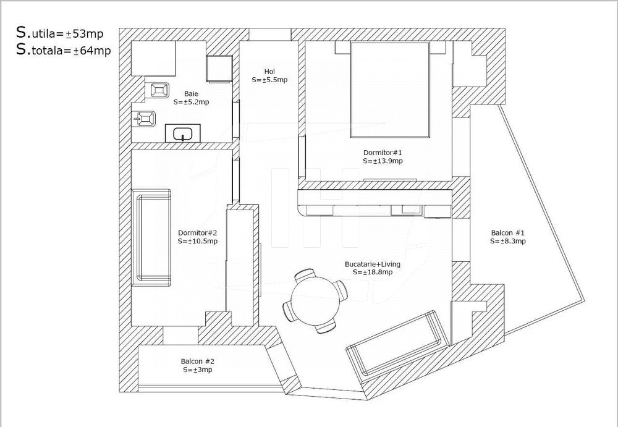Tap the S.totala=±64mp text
point(64,51)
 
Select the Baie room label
point(191,94)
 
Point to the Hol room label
point(269,71)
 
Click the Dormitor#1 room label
point(383,152)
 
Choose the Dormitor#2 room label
point(197,233)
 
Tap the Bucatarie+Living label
point(373,264)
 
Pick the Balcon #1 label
point(508,233)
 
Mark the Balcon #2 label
point(198,361)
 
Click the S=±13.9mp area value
point(383,161)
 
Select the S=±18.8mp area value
point(373,272)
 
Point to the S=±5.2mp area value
point(191,102)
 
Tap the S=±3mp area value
point(198,370)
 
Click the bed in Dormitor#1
point(390,90)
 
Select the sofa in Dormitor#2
point(153,237)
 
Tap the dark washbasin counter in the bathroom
point(183,133)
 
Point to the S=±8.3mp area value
point(508,242)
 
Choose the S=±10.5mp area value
point(197,241)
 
